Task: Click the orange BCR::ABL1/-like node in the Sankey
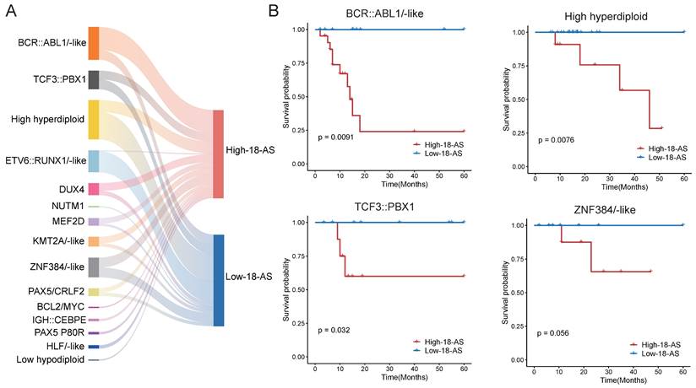tap(94, 43)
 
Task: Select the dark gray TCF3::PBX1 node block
tap(94, 80)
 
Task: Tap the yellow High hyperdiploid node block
tap(94, 120)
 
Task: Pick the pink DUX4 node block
tap(94, 189)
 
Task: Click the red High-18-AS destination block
tap(219, 154)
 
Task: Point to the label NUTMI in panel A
tap(66, 206)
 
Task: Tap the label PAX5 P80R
tap(60, 333)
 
